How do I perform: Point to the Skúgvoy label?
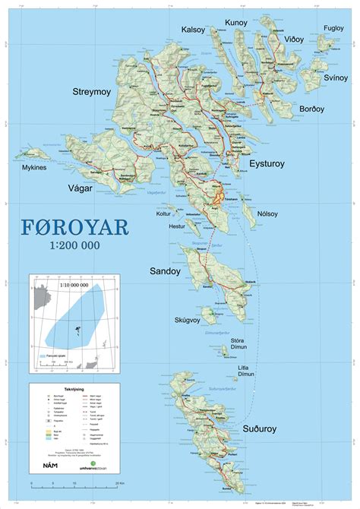pos(186,320)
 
